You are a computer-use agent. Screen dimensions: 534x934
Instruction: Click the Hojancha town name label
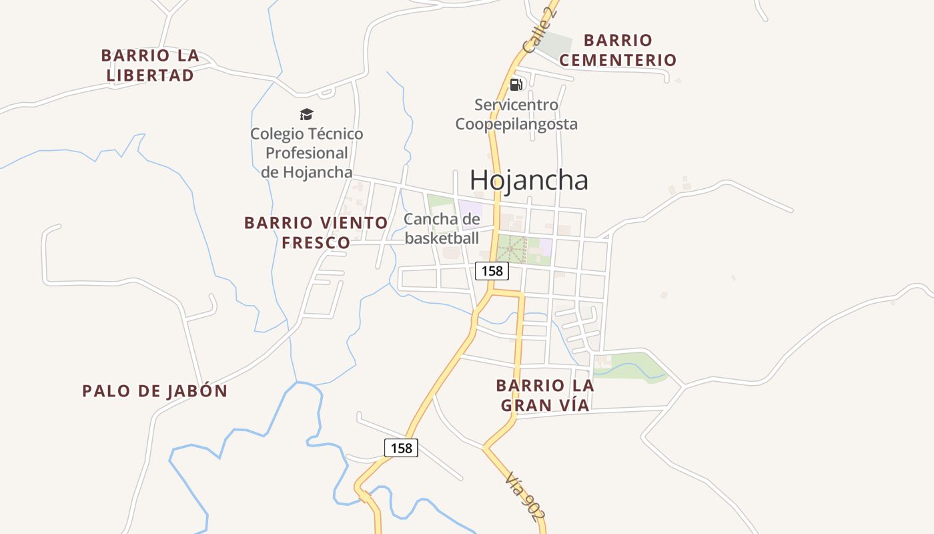(529, 180)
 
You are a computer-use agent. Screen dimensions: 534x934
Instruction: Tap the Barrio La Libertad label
(150, 65)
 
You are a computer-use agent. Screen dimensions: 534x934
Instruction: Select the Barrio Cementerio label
(618, 50)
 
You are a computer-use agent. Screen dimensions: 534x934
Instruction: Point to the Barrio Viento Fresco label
(316, 232)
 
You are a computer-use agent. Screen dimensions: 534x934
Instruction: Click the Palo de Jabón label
(155, 391)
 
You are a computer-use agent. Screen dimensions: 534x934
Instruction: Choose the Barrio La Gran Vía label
(545, 395)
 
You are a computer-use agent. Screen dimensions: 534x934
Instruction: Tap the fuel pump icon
(516, 85)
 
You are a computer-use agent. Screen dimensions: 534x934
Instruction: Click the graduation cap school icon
(306, 115)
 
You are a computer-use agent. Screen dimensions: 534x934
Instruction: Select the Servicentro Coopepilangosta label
(516, 114)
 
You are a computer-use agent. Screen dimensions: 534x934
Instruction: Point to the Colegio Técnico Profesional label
(307, 153)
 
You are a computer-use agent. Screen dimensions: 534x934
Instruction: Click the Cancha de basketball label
(442, 228)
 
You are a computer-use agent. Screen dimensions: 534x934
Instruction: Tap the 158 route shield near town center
(492, 270)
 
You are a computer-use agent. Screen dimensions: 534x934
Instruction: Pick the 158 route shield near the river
(402, 447)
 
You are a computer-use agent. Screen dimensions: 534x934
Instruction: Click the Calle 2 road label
(540, 31)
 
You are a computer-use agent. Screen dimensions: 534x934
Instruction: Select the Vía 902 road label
(525, 495)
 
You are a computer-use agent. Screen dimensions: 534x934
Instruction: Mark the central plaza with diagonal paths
(512, 249)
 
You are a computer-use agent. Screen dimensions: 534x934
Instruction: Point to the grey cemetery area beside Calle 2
(556, 45)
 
